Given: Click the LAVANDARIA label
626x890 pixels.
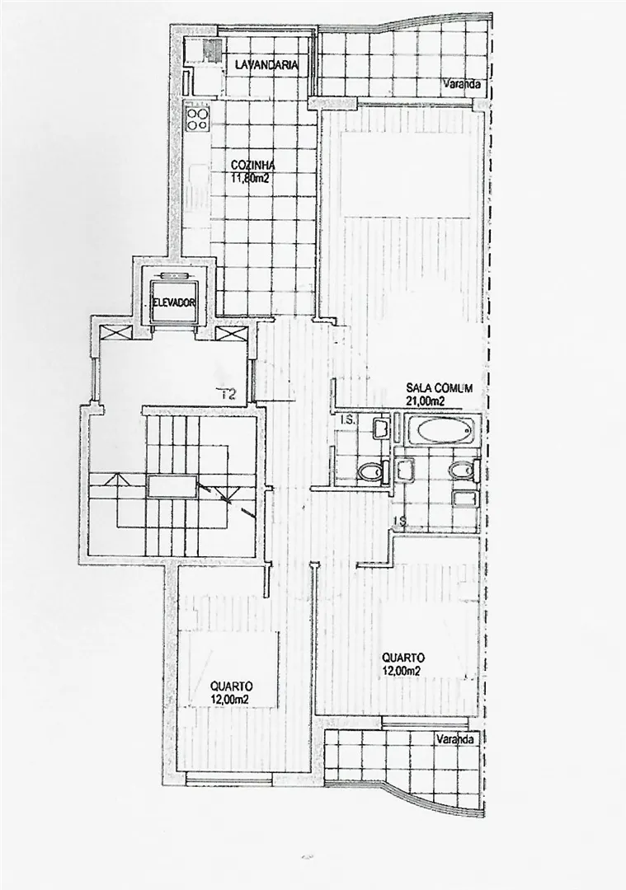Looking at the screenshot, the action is [266, 65].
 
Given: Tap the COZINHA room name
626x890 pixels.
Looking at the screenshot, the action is [252, 166].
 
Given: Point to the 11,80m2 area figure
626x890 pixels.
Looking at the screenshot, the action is [249, 176].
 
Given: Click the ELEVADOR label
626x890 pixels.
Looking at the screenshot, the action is [174, 302].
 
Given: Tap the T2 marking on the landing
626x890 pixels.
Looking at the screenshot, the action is [229, 393].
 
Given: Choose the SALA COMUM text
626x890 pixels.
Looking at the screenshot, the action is [439, 388].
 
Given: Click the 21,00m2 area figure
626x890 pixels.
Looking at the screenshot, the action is [424, 400].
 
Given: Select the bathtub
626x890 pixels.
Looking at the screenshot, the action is [442, 431].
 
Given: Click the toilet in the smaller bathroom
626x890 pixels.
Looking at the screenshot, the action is [370, 472].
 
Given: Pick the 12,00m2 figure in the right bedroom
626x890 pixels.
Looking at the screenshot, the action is [401, 670].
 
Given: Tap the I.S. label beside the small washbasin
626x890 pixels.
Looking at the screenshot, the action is [346, 420].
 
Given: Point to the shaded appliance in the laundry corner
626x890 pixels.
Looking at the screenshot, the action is [213, 49].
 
